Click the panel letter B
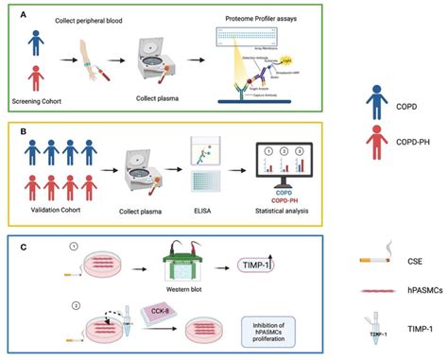pyautogui.click(x=22, y=129)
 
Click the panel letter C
pyautogui.click(x=22, y=247)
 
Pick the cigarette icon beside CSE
pyautogui.click(x=376, y=260)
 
